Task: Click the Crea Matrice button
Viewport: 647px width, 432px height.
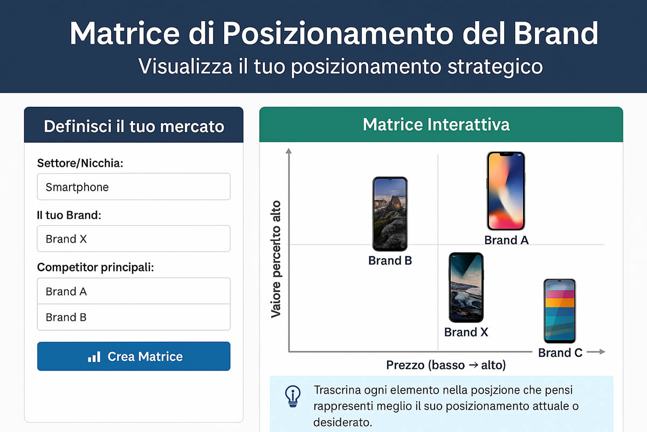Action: (x=134, y=356)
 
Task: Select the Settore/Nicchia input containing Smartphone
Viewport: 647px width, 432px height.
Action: (x=134, y=187)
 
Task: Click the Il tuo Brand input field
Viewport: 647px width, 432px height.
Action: (x=134, y=239)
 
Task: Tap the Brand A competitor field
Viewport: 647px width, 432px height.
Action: (x=134, y=291)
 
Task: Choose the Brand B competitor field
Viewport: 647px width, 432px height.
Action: (x=134, y=317)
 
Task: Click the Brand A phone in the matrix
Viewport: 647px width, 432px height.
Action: (x=506, y=191)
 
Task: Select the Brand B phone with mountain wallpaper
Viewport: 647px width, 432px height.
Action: (x=390, y=214)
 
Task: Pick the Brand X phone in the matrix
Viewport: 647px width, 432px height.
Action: (x=466, y=287)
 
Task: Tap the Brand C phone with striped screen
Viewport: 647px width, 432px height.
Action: (x=560, y=311)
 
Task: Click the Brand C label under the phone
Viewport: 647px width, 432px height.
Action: (x=560, y=353)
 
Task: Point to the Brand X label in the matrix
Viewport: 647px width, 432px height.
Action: (x=466, y=332)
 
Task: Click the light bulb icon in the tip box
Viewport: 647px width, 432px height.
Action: (x=293, y=396)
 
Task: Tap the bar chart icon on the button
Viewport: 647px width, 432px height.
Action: (x=94, y=357)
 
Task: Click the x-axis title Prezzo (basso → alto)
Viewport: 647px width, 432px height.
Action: (x=446, y=365)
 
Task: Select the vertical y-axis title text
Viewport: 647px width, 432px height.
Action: (x=276, y=259)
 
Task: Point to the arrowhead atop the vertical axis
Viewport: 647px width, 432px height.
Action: (x=288, y=151)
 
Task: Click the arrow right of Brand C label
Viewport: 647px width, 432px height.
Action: (x=596, y=352)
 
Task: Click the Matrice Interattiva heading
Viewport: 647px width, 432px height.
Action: (x=436, y=124)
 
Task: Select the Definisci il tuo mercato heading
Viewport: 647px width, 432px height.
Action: (x=134, y=126)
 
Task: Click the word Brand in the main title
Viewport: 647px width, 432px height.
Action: (x=556, y=33)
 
